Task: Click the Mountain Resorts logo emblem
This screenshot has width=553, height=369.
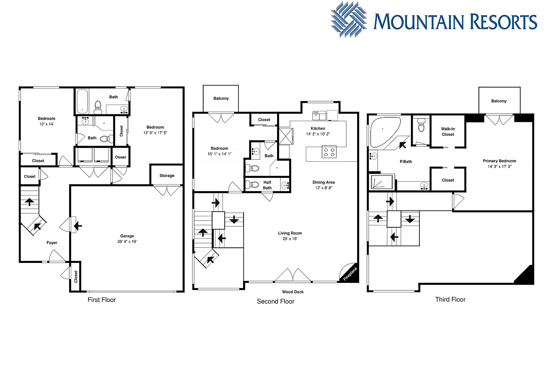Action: point(349,20)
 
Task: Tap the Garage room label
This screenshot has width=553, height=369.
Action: point(127,236)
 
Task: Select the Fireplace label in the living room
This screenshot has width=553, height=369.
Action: point(350,274)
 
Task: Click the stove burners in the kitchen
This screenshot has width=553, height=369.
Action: point(329,152)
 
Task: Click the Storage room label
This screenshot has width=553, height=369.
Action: point(167,176)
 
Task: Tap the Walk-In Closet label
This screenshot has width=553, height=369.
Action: point(448,132)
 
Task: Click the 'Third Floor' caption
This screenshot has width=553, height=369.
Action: point(450,300)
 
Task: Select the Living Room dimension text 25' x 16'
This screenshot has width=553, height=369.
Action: point(290,239)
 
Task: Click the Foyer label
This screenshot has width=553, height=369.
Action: point(52,243)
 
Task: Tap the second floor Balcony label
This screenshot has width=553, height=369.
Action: point(221,98)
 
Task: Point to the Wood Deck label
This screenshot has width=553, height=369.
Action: point(293,292)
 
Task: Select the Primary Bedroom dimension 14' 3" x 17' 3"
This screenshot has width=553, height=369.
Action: point(499,166)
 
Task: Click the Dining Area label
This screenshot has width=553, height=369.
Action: point(323,182)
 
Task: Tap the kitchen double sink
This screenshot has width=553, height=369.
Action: point(319,115)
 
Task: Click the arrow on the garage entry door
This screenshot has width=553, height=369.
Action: point(78,226)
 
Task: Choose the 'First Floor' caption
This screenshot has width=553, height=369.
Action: point(102,300)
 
